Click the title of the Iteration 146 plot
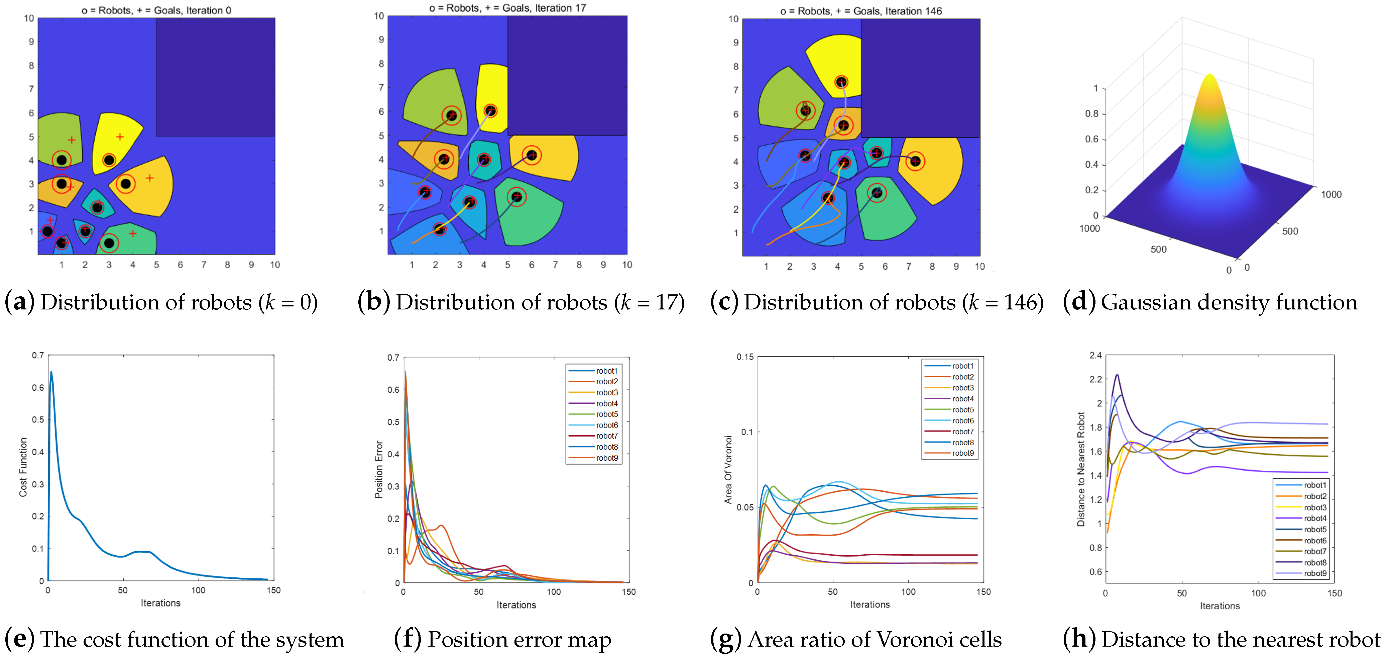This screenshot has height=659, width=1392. [861, 11]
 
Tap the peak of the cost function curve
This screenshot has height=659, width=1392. [51, 372]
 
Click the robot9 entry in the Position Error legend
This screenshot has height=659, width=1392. [606, 458]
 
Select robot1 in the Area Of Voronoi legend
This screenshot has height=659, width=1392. [962, 366]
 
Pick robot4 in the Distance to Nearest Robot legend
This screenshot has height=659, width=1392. [1314, 518]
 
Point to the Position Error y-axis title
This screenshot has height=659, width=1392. [379, 469]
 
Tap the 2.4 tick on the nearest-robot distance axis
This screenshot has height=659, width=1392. [1095, 355]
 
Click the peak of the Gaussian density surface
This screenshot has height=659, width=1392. [1209, 76]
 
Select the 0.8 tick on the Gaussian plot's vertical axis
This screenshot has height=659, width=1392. [1091, 113]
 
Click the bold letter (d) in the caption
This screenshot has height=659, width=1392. [1078, 302]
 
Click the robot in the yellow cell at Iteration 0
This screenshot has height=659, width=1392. [109, 160]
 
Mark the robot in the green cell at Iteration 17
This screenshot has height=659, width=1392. [516, 197]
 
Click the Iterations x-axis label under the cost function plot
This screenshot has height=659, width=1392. [160, 603]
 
